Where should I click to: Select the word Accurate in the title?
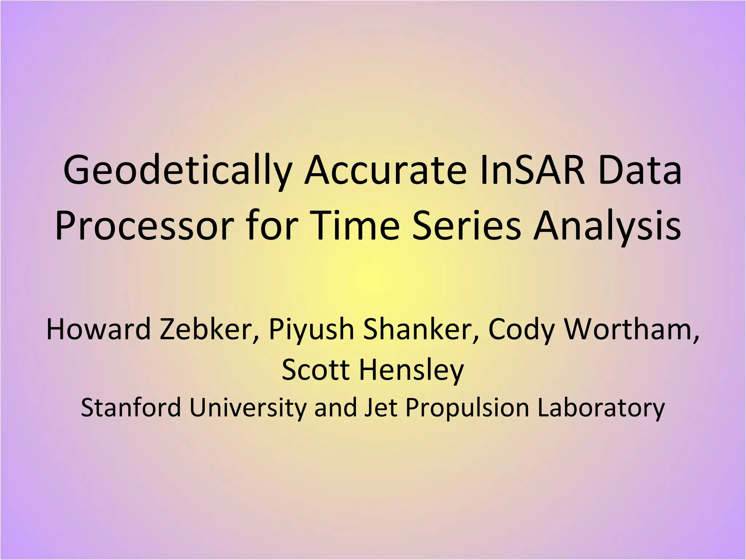385,170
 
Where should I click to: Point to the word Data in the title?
640,170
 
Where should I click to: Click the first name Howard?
98,329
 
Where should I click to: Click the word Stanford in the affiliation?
131,408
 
